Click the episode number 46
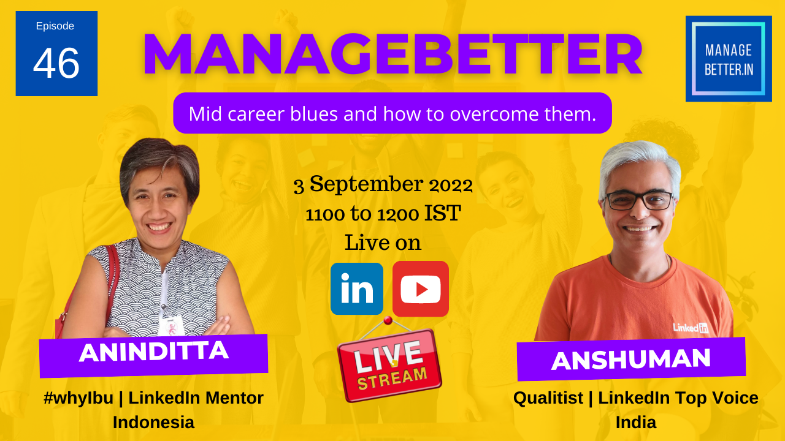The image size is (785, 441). pos(56,63)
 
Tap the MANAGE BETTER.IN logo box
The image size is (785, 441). pos(729,58)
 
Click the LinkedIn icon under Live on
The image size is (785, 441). pos(357,288)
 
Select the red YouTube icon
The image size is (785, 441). pos(421,288)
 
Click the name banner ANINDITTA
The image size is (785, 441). pos(153,356)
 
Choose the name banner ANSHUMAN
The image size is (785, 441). pos(631,359)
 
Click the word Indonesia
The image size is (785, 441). pos(153,422)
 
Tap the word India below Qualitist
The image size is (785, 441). pos(636,422)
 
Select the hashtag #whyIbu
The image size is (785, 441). pos(78,398)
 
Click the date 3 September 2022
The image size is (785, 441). pos(383,184)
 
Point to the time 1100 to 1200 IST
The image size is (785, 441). pos(383,213)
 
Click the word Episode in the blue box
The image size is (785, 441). pos(55,26)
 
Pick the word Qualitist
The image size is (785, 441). pos(548,398)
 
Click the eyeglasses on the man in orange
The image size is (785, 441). pos(639,200)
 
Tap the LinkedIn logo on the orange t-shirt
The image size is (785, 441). pos(691,328)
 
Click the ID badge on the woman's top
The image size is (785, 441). pos(171,325)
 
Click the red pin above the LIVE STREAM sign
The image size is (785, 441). pos(388,320)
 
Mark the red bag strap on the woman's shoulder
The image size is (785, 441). pos(112,280)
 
